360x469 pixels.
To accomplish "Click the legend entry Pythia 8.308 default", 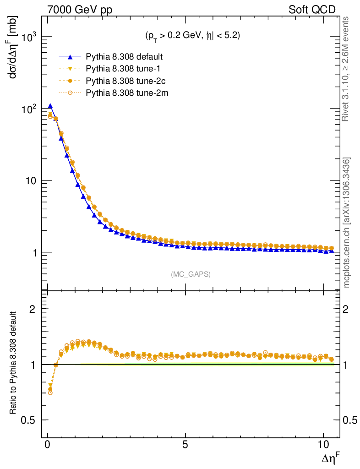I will pyautogui.click(x=125, y=57).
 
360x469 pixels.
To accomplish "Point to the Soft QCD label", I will pyautogui.click(x=312, y=9).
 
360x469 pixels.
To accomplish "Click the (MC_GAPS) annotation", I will pyautogui.click(x=191, y=274).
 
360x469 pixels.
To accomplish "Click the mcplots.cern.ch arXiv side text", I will pyautogui.click(x=347, y=222).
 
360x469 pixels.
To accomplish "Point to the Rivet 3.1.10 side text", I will pyautogui.click(x=347, y=69).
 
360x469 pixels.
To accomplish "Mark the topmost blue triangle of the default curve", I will pyautogui.click(x=50, y=106).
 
